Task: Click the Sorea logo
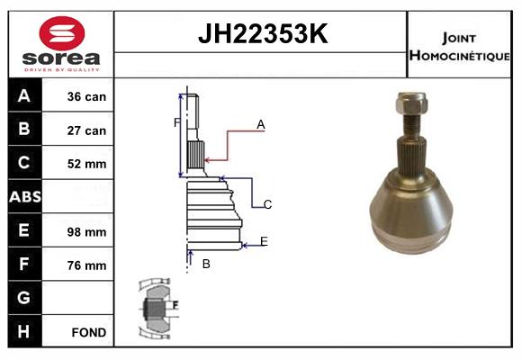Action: [x=61, y=43]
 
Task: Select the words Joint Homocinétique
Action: [x=461, y=46]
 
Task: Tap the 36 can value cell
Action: [x=87, y=96]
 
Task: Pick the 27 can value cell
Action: [x=87, y=130]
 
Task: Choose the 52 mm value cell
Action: [x=87, y=164]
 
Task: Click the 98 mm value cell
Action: [x=87, y=231]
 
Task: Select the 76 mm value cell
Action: [x=87, y=265]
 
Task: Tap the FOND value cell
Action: [x=87, y=332]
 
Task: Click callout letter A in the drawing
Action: [x=260, y=125]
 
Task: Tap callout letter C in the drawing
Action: [x=267, y=204]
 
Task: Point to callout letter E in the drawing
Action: [x=264, y=240]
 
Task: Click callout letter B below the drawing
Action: [x=205, y=264]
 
